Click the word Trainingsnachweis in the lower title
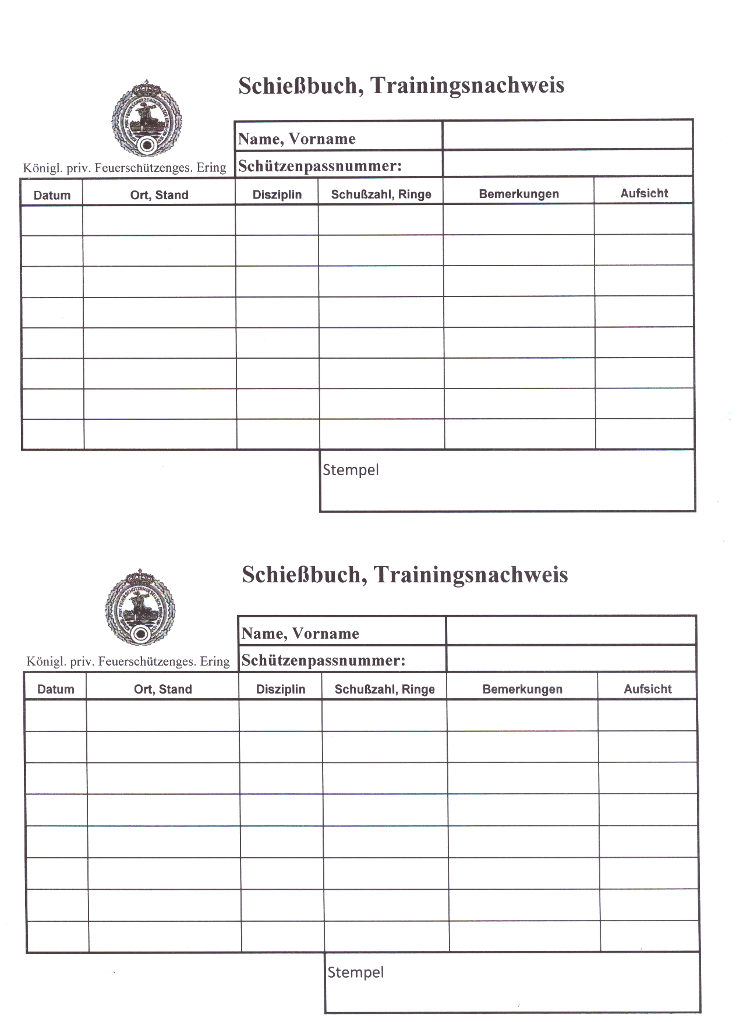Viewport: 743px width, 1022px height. [x=470, y=575]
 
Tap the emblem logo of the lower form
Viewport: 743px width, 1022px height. [x=140, y=608]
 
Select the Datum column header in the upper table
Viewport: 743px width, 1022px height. [x=52, y=195]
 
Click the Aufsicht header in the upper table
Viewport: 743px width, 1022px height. [x=644, y=193]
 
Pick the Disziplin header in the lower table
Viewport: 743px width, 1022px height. [x=281, y=689]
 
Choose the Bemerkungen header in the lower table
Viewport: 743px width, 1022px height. [x=522, y=689]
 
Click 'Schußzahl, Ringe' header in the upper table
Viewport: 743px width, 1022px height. [x=381, y=195]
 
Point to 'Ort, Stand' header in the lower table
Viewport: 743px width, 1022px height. [x=163, y=689]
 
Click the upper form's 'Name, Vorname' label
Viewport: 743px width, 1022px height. [x=296, y=139]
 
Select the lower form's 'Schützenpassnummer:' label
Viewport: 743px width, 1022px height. [x=323, y=660]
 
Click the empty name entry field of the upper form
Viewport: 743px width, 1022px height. [x=567, y=135]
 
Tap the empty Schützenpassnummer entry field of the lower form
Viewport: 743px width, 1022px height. [x=571, y=659]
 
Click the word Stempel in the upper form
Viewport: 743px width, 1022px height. [x=351, y=470]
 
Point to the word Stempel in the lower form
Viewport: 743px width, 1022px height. [x=355, y=973]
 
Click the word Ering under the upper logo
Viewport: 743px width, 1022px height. [x=211, y=168]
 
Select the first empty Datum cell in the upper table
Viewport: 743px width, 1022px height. [x=52, y=220]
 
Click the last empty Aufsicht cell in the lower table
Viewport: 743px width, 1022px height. [x=649, y=936]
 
